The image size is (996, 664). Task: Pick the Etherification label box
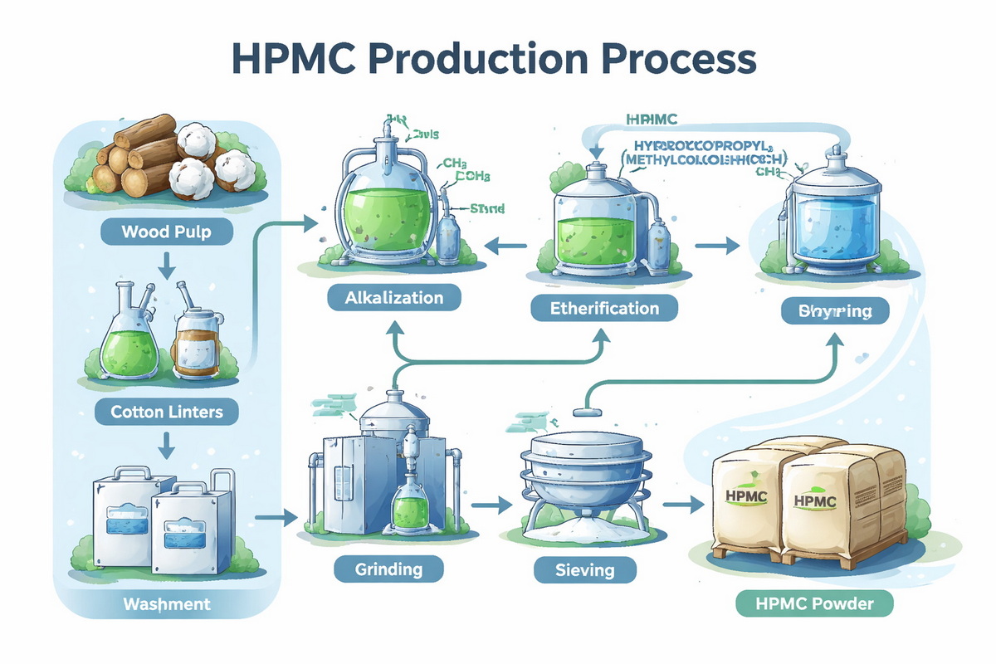(604, 309)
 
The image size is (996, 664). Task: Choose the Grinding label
(388, 569)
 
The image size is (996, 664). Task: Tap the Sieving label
(584, 570)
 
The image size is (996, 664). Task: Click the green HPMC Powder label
(814, 603)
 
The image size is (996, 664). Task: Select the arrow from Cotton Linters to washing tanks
(166, 447)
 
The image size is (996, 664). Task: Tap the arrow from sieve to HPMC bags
(677, 504)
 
